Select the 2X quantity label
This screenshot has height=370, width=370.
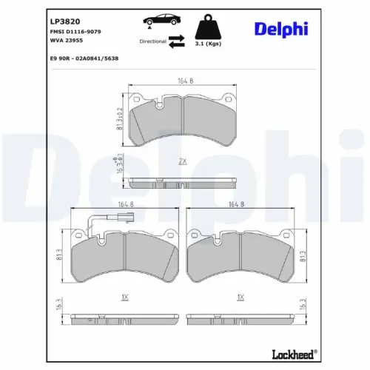(181, 160)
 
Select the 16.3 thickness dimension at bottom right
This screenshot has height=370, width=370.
(303, 305)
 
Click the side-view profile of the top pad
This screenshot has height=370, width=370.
(181, 183)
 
